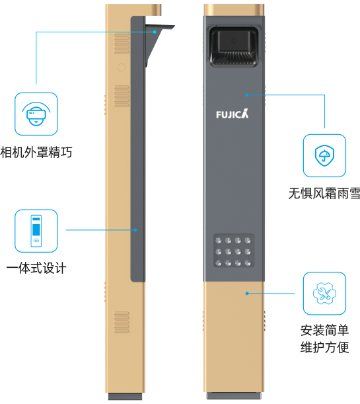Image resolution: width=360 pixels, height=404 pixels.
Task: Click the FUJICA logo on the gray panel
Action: tap(233, 114)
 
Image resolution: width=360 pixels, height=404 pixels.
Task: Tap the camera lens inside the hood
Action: tap(234, 40)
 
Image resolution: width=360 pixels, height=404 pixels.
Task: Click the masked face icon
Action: tap(36, 114)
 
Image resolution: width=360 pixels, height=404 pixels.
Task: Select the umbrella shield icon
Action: tap(324, 155)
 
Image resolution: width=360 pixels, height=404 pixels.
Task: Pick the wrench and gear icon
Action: tap(324, 293)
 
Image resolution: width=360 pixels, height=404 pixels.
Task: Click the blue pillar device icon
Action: tap(36, 231)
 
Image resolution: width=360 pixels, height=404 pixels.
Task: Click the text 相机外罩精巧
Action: tap(36, 152)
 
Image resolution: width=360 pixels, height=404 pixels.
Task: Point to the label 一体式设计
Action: tap(36, 268)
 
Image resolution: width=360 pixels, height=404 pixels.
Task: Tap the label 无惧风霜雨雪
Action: tap(324, 193)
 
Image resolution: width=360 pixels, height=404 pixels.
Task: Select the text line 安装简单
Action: tap(324, 330)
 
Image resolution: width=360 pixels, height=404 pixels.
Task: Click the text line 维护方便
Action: tap(324, 347)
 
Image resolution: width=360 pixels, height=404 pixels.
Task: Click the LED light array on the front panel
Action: tap(234, 251)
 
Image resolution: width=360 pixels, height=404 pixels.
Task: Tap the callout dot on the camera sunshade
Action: tap(155, 32)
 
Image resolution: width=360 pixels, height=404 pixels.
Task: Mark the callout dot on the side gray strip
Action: tap(135, 230)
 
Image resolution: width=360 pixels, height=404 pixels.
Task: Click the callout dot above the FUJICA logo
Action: tap(246, 95)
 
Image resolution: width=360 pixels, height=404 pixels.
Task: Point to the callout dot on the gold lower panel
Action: tap(247, 294)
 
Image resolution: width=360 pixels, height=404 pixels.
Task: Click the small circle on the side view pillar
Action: tap(122, 67)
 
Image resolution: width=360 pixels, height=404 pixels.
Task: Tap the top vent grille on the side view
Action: tap(122, 43)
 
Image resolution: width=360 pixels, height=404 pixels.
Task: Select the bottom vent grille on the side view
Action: tap(122, 322)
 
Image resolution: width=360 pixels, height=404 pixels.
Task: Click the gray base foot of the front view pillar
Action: tap(234, 396)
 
